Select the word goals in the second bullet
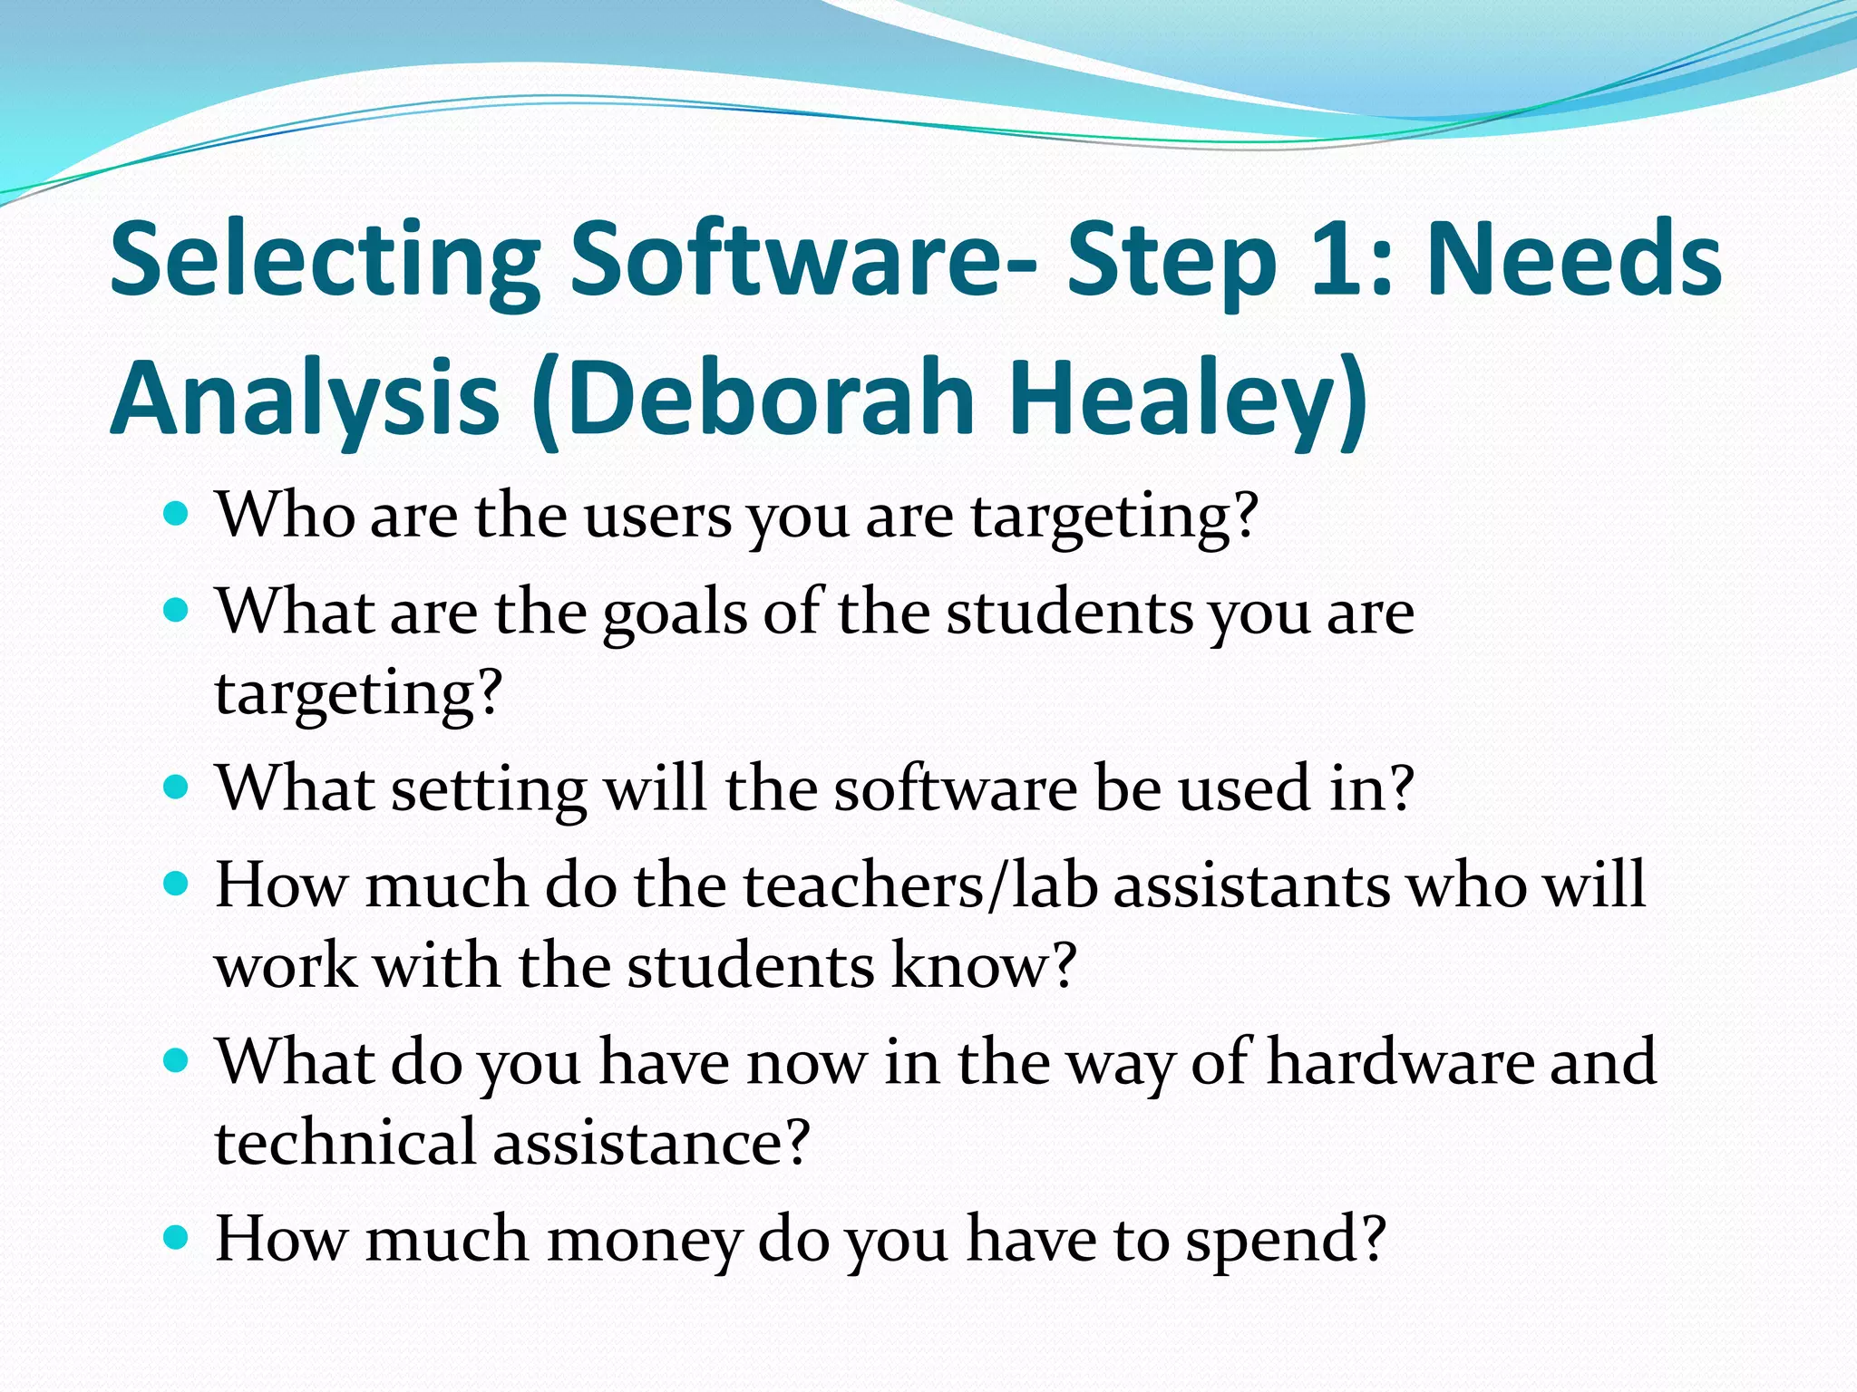pos(675,614)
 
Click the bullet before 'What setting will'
pos(176,787)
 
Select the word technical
pos(345,1142)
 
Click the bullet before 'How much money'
pos(176,1236)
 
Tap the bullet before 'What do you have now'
pos(176,1059)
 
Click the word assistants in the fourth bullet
pos(1251,885)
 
